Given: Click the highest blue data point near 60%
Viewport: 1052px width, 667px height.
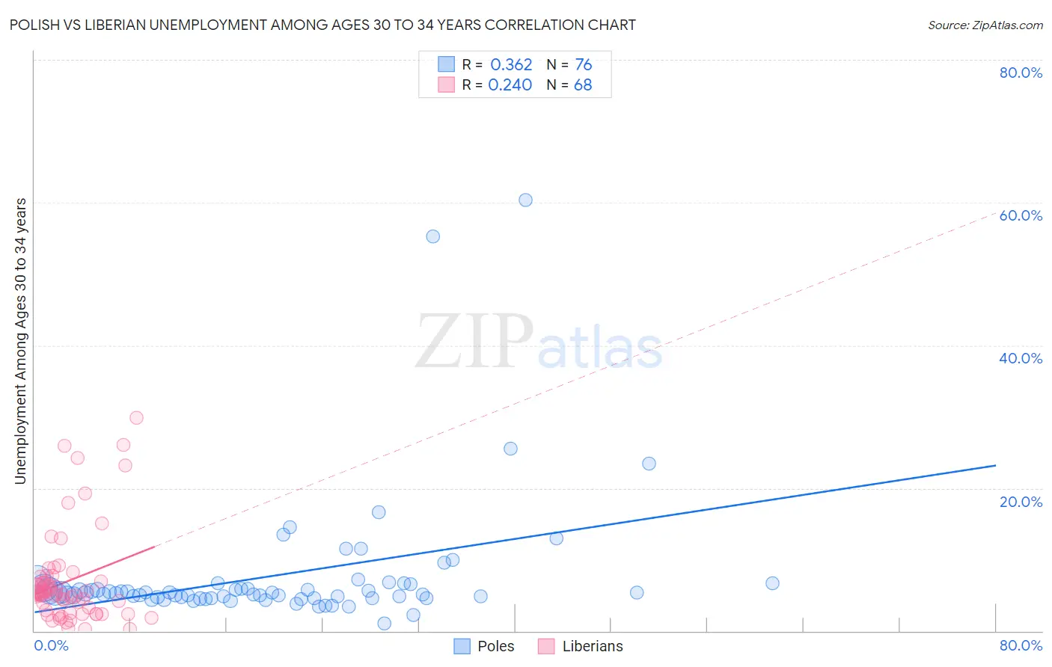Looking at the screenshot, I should (x=525, y=200).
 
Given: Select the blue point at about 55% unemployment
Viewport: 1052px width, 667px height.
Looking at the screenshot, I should (x=432, y=236).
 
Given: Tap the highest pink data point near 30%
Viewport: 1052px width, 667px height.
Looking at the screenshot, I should (x=136, y=418).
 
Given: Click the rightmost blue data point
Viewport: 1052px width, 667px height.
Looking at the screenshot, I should (x=772, y=583).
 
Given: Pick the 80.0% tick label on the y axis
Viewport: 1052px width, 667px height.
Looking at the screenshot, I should (x=1021, y=73).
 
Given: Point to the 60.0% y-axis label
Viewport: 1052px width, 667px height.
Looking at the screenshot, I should (x=1021, y=215).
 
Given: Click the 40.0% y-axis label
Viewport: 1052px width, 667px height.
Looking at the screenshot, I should (x=1021, y=358).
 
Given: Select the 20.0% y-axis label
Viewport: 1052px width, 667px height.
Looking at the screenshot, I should (x=1021, y=502).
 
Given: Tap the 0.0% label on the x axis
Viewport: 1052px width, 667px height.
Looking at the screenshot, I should (x=52, y=645).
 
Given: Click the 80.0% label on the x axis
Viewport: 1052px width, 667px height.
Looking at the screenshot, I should (x=1021, y=645).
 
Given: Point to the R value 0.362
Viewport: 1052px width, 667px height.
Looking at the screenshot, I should (x=511, y=65).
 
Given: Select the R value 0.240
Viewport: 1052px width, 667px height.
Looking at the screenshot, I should (x=510, y=85).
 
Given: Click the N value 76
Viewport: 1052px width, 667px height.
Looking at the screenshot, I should (x=583, y=65).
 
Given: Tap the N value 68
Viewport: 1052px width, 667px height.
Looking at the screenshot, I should (x=583, y=85).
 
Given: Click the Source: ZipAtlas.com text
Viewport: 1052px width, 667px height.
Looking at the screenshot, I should (x=985, y=25).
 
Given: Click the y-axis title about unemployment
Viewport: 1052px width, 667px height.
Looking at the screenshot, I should (x=21, y=340).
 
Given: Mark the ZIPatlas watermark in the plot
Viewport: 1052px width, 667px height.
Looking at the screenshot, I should (x=539, y=342).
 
